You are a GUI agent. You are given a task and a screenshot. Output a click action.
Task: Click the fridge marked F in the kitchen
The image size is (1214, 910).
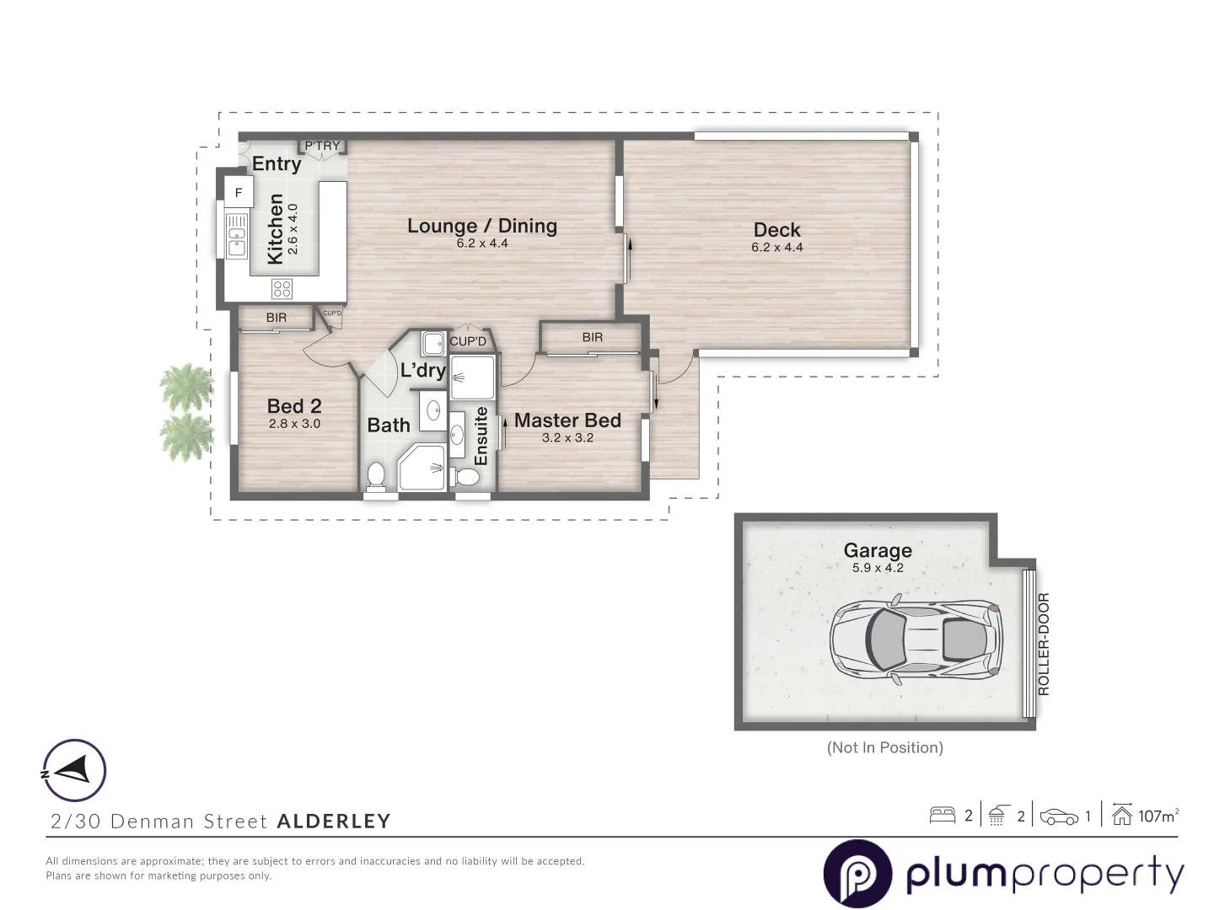tap(239, 193)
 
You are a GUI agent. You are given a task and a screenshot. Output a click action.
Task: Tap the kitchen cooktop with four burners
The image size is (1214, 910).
tap(282, 289)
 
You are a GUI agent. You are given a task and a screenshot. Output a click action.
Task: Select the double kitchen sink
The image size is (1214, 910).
tap(236, 236)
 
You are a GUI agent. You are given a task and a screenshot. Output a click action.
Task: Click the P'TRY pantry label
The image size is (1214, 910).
tap(322, 146)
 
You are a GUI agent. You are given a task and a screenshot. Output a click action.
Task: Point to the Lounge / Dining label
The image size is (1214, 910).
tap(481, 226)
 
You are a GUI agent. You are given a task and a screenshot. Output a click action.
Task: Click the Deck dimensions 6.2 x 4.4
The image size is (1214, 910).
tap(776, 248)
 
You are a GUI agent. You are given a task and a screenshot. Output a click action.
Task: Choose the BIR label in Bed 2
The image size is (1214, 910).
tap(276, 318)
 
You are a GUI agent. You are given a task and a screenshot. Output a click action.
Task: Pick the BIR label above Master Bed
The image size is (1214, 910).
tap(592, 337)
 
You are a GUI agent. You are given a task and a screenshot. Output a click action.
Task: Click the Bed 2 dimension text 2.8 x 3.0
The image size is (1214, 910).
tap(294, 424)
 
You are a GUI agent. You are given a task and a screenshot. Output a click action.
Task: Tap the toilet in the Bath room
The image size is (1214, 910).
tap(376, 475)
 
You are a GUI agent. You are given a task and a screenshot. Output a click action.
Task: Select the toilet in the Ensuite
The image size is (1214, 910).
tap(466, 477)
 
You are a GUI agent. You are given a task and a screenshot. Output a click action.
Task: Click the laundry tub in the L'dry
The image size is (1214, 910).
tap(433, 344)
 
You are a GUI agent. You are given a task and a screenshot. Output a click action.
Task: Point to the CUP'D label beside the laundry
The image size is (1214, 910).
tap(468, 341)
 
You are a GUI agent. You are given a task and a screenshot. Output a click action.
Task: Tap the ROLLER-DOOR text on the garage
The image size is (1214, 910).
tap(1044, 645)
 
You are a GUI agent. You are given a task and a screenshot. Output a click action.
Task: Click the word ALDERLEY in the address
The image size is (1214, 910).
tap(334, 821)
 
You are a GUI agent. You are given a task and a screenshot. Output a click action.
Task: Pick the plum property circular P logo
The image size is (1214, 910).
tap(857, 874)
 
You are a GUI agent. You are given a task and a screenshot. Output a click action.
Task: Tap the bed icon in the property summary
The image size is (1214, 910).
tap(942, 816)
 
